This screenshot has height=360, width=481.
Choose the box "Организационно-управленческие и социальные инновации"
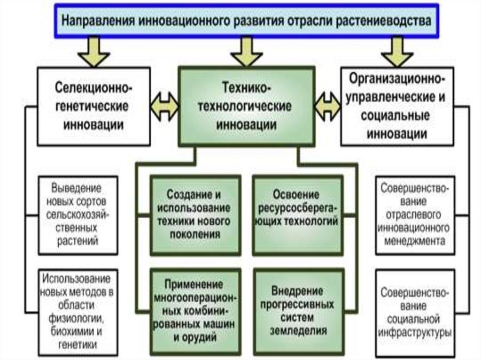point(397,106)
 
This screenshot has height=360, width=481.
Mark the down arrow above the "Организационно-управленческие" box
point(397,52)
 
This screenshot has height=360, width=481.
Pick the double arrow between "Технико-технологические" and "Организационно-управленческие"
point(327,105)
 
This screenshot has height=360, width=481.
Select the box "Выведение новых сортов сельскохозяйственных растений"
point(78,214)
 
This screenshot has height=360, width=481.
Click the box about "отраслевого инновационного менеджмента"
point(415,214)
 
